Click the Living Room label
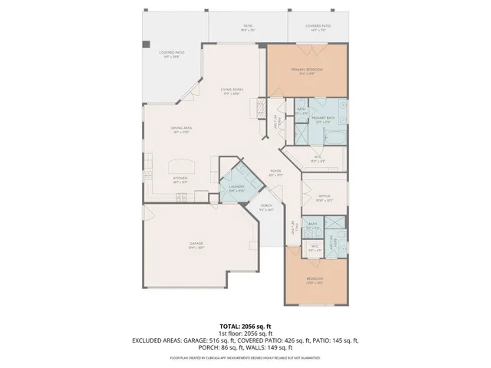(x=233, y=92)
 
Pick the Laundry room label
(x=236, y=188)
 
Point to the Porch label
(x=266, y=207)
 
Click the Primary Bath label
(x=321, y=120)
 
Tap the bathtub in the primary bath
(x=334, y=137)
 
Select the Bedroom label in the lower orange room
(x=315, y=279)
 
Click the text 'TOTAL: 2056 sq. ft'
(x=245, y=326)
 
